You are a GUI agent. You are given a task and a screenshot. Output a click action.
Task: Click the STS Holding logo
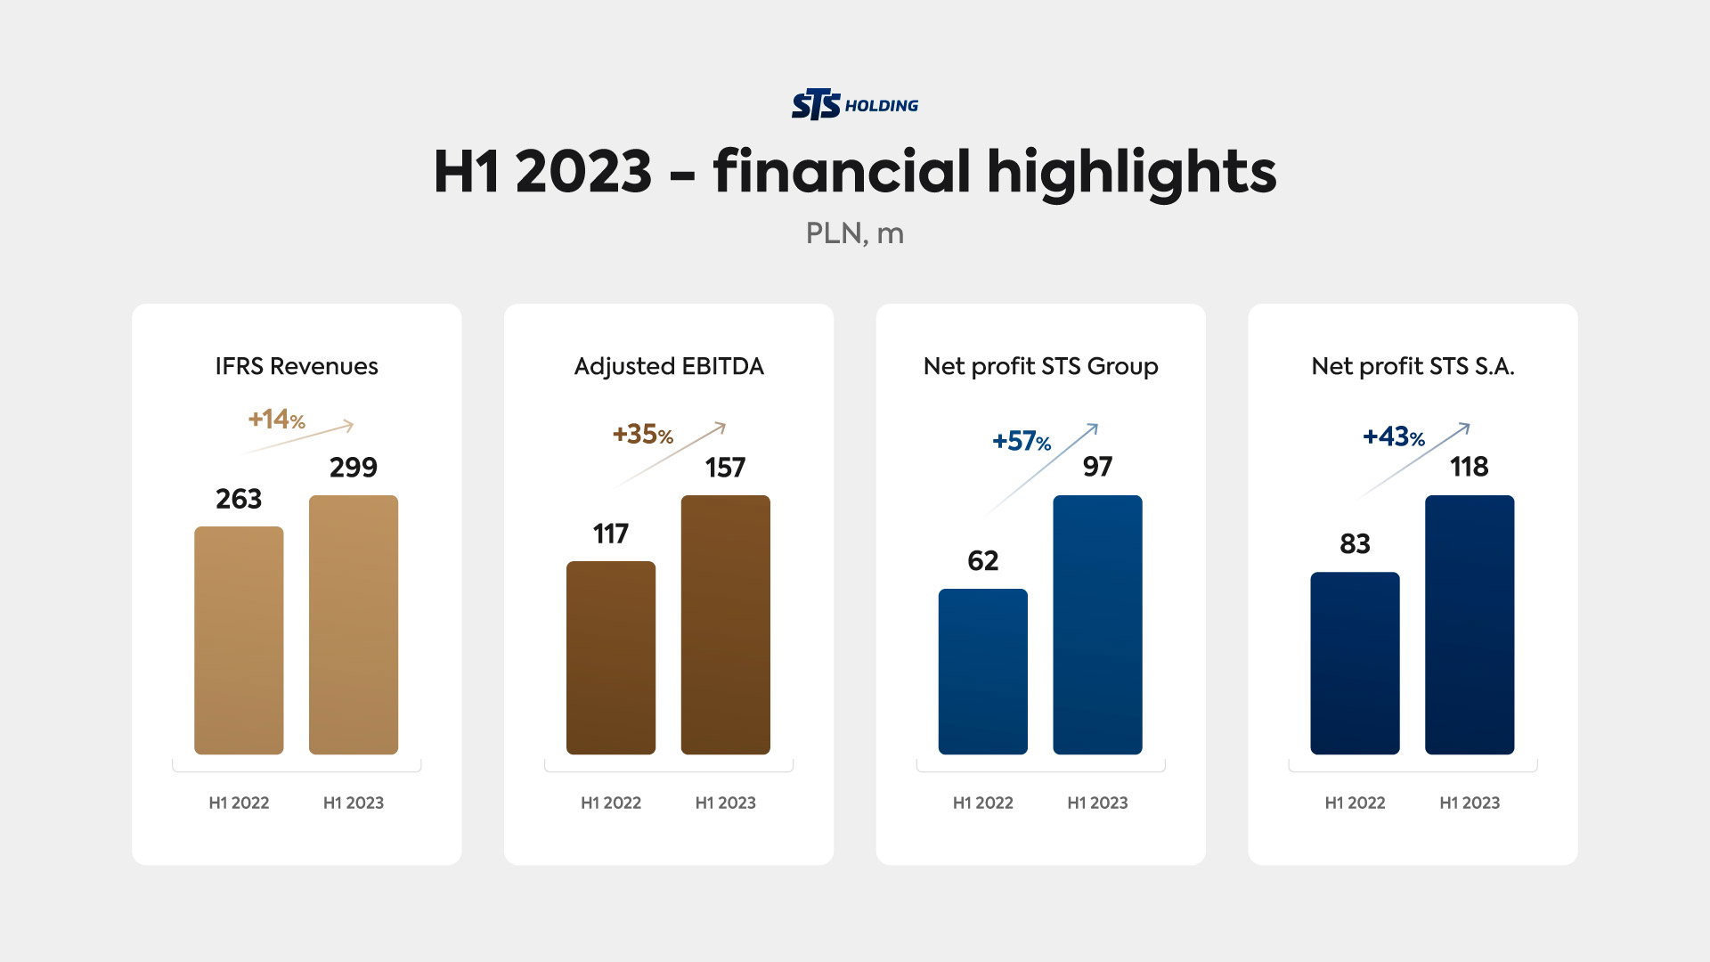coord(854,105)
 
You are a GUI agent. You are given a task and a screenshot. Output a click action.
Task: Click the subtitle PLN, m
coord(854,233)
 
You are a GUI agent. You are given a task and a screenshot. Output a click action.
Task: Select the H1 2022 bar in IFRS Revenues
coord(239,640)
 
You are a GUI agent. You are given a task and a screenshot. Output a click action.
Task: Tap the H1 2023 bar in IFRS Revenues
coord(354,624)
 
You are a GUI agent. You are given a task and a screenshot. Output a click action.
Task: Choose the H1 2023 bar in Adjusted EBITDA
coord(726,624)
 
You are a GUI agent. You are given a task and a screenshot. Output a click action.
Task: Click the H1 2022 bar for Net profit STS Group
coord(983,672)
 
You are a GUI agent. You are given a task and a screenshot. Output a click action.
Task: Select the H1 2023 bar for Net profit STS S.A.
coord(1470,624)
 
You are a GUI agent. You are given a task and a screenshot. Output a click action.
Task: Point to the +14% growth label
coord(276,420)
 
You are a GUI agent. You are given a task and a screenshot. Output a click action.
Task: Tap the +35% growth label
coord(642,435)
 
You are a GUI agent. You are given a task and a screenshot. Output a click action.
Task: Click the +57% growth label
coord(1022,441)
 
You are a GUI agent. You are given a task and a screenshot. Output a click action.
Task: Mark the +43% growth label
coord(1393,437)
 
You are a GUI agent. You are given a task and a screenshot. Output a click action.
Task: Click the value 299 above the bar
coord(354,468)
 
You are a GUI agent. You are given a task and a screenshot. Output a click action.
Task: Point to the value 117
coord(611,534)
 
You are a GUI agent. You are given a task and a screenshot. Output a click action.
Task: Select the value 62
coord(983,560)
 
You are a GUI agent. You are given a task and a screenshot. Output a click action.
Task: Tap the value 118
coord(1470,467)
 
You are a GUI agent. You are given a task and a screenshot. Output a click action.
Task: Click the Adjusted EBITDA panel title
coord(669,366)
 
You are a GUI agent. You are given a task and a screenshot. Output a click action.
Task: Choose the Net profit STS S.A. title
coord(1413,366)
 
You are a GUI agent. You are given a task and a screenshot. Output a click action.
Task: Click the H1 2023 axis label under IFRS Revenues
coord(354,803)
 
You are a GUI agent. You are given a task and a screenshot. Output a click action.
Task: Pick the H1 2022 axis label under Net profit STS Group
coord(983,803)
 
